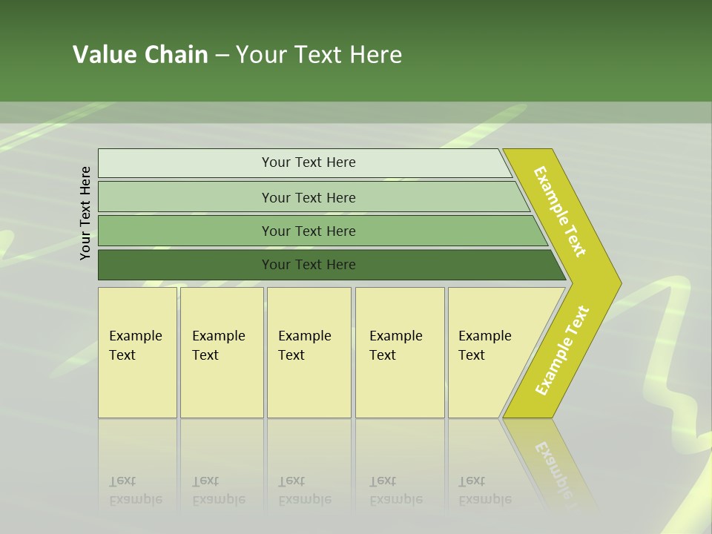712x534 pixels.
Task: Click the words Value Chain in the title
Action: pyautogui.click(x=140, y=55)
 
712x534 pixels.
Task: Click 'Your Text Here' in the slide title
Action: pyautogui.click(x=319, y=55)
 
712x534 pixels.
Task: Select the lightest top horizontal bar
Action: pyautogui.click(x=308, y=162)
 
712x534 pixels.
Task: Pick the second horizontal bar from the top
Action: pyautogui.click(x=308, y=197)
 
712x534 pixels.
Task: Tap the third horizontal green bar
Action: pyautogui.click(x=308, y=231)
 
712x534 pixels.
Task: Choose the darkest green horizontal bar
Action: pyautogui.click(x=308, y=265)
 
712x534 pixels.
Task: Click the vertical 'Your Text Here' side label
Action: pyautogui.click(x=85, y=213)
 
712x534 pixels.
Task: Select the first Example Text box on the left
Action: pyautogui.click(x=137, y=352)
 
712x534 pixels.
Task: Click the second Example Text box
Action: pyautogui.click(x=221, y=352)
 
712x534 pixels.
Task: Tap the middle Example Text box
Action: pyautogui.click(x=309, y=352)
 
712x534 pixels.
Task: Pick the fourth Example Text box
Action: pyautogui.click(x=400, y=352)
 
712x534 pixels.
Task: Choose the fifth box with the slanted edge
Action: pyautogui.click(x=489, y=352)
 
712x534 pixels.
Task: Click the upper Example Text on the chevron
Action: pyautogui.click(x=560, y=211)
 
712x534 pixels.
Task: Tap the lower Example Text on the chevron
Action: pyautogui.click(x=562, y=351)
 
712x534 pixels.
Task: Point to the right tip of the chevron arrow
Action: pyautogui.click(x=620, y=283)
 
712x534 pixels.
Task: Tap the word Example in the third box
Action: pyautogui.click(x=304, y=336)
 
